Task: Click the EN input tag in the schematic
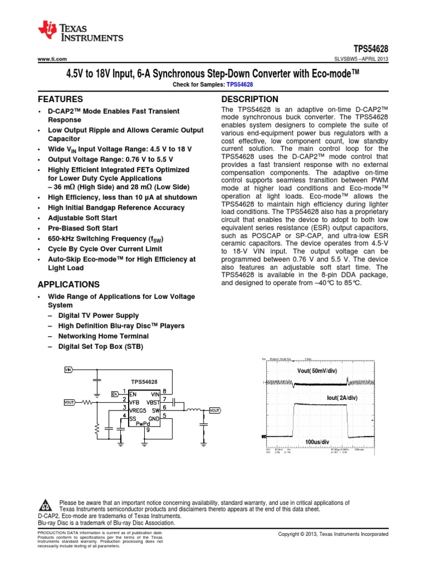(x=115, y=394)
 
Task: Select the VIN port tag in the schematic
(x=68, y=369)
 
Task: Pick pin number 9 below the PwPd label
(x=148, y=430)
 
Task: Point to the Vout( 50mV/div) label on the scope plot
(x=317, y=371)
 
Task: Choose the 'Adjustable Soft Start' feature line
(x=84, y=217)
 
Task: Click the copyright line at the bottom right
(x=333, y=534)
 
